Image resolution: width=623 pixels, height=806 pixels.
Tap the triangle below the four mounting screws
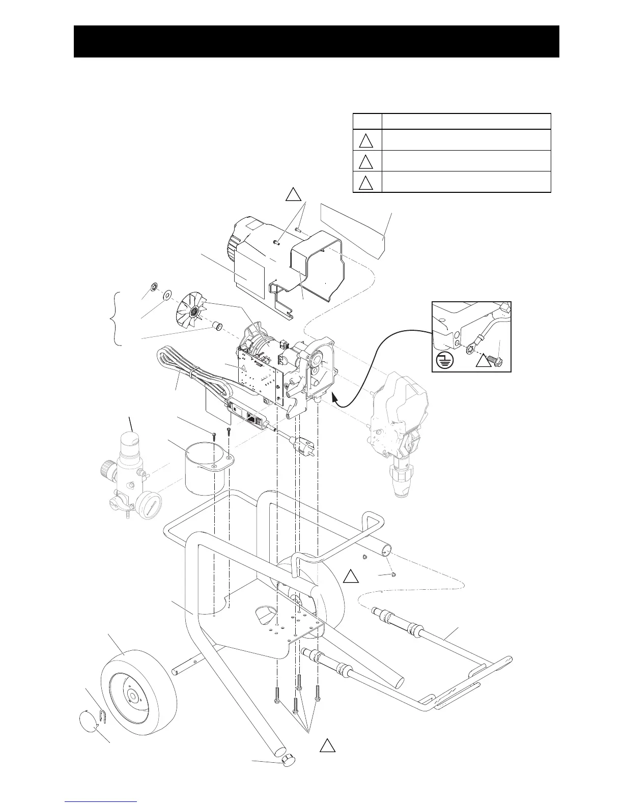coord(327,745)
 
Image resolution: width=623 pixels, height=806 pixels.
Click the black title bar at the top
coord(316,41)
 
